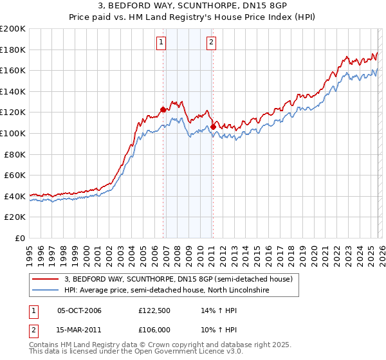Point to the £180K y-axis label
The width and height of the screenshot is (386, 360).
pyautogui.click(x=13, y=50)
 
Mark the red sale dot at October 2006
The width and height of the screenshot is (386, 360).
pyautogui.click(x=163, y=109)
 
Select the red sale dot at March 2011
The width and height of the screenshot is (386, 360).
pyautogui.click(x=213, y=127)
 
